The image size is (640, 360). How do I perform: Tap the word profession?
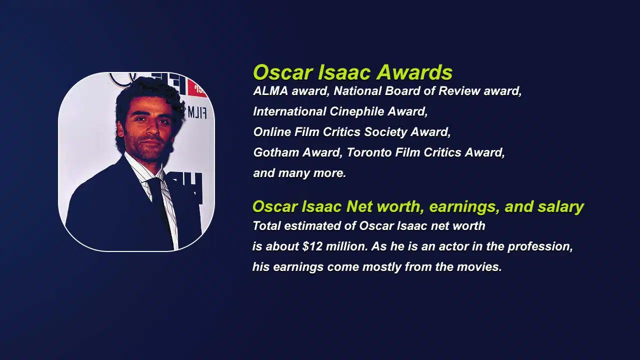tap(539, 247)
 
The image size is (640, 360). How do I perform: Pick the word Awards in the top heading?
tap(414, 72)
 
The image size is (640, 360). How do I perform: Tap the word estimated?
tap(313, 226)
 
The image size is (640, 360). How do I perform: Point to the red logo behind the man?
tap(198, 87)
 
